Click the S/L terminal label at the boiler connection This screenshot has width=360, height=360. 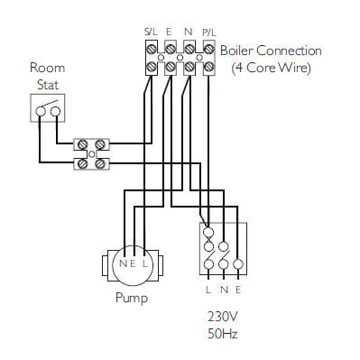151,32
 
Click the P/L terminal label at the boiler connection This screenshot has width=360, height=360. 208,32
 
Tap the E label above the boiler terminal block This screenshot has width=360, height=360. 169,32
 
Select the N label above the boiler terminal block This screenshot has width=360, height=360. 188,32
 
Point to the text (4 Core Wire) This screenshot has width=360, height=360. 270,67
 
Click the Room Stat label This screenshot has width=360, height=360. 47,75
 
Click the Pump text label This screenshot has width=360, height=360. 131,298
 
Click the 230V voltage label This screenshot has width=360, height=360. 223,318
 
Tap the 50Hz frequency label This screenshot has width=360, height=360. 223,334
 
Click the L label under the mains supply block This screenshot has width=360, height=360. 208,290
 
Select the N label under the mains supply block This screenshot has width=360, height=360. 223,290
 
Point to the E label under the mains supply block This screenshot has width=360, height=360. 237,290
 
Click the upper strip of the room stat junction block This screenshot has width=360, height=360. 92,143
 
